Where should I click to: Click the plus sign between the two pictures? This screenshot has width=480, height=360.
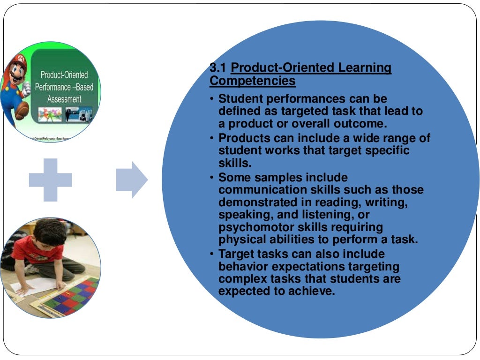click(x=51, y=180)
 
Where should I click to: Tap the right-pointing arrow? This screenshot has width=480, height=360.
click(x=132, y=180)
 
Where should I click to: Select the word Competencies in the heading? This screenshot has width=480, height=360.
click(x=252, y=81)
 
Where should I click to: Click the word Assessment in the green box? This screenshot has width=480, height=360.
click(x=64, y=99)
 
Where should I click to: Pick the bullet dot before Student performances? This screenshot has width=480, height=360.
click(x=212, y=99)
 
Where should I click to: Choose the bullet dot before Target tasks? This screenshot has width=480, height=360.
click(x=212, y=254)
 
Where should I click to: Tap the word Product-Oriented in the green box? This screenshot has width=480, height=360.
click(x=64, y=75)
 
